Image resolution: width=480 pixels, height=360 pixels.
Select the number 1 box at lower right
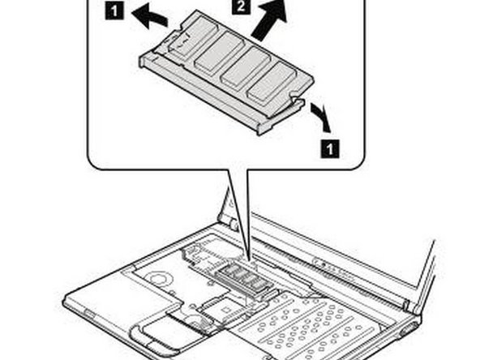(x=328, y=148)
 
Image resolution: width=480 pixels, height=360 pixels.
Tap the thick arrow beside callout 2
(x=268, y=22)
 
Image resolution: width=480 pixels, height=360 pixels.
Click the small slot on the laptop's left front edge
(x=84, y=309)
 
